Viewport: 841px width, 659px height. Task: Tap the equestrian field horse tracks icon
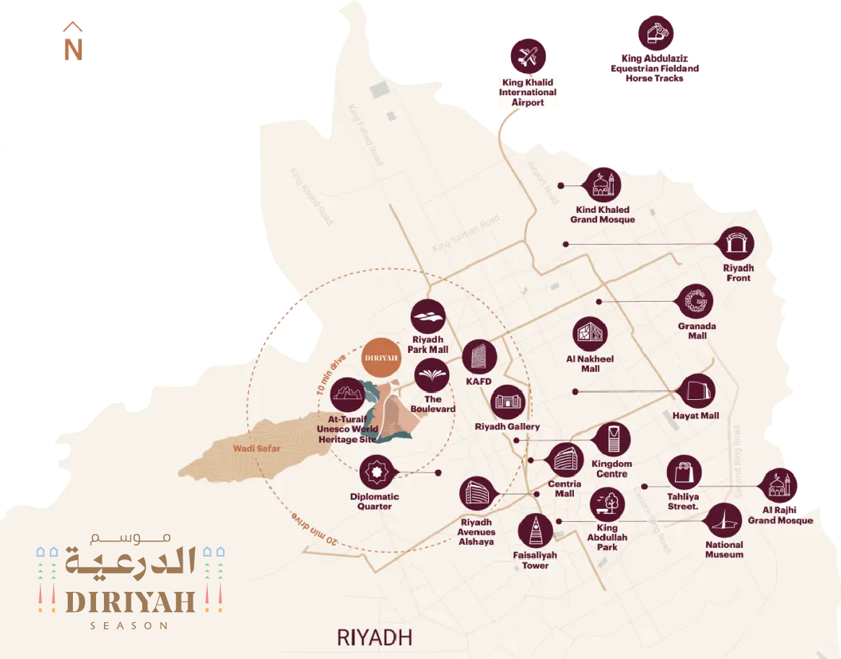(x=655, y=33)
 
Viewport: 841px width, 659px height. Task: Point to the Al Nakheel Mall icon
(x=590, y=335)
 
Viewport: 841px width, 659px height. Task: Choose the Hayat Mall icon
(x=697, y=391)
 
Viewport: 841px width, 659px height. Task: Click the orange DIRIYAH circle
(x=381, y=357)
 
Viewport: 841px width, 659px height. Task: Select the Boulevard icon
(x=432, y=376)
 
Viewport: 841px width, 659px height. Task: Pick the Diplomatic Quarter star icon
(x=377, y=473)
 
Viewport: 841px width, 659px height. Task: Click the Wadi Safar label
(x=256, y=448)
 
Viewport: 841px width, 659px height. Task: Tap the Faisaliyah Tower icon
(x=536, y=531)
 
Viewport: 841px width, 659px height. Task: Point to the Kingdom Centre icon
(x=612, y=440)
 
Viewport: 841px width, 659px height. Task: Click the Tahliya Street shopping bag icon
(x=684, y=473)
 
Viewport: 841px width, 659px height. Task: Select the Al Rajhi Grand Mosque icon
(x=780, y=486)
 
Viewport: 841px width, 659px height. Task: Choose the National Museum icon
(x=723, y=520)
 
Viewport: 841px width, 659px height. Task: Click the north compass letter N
(x=73, y=50)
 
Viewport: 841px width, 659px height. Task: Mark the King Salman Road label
(x=466, y=233)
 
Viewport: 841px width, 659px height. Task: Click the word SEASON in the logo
(x=129, y=625)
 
